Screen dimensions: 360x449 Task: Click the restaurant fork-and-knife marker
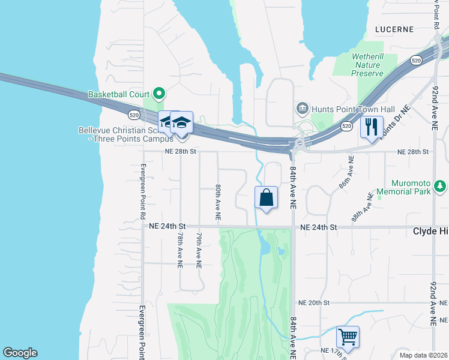[370, 127]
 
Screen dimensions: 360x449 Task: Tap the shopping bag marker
[266, 197]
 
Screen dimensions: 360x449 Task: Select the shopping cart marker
[347, 337]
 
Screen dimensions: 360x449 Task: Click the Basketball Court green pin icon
[159, 94]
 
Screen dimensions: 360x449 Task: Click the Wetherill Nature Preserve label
[368, 65]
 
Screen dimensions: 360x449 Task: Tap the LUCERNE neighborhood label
[394, 29]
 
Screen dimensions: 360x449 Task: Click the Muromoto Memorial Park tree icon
[441, 187]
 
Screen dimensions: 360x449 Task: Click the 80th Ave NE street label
[218, 202]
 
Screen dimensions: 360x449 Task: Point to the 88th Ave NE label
[363, 207]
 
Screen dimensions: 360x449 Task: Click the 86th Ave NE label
[345, 173]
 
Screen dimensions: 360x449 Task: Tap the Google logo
[20, 353]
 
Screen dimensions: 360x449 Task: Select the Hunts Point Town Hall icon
[302, 109]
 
